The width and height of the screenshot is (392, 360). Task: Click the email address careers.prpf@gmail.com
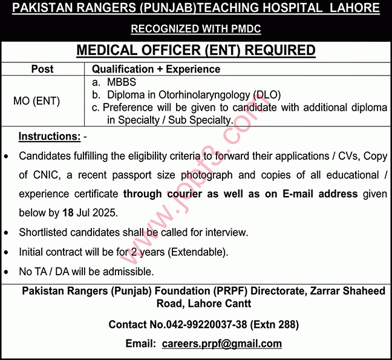[x=222, y=344]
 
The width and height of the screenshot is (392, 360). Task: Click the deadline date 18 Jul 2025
[x=91, y=214]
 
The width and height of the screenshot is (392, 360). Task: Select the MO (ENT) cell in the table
[x=37, y=101]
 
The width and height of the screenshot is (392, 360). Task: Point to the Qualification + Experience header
[x=156, y=69]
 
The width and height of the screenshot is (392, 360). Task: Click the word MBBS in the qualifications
[x=122, y=82]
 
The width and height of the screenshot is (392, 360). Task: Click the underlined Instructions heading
[x=50, y=136]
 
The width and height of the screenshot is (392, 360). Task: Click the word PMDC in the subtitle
[x=245, y=28]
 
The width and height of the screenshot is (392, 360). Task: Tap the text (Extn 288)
[x=275, y=324]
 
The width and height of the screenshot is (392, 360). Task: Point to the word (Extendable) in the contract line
[x=197, y=252]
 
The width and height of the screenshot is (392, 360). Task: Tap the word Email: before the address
[x=141, y=344]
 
